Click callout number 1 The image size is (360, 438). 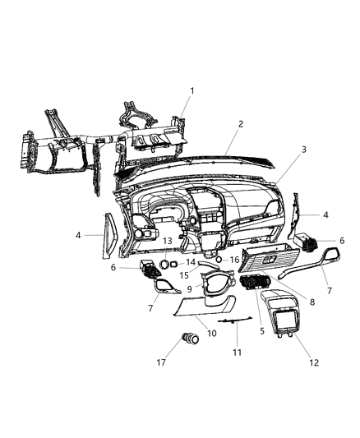click(192, 90)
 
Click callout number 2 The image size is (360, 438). click(240, 124)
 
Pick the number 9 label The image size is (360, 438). click(189, 289)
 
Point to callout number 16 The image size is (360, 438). click(235, 259)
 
